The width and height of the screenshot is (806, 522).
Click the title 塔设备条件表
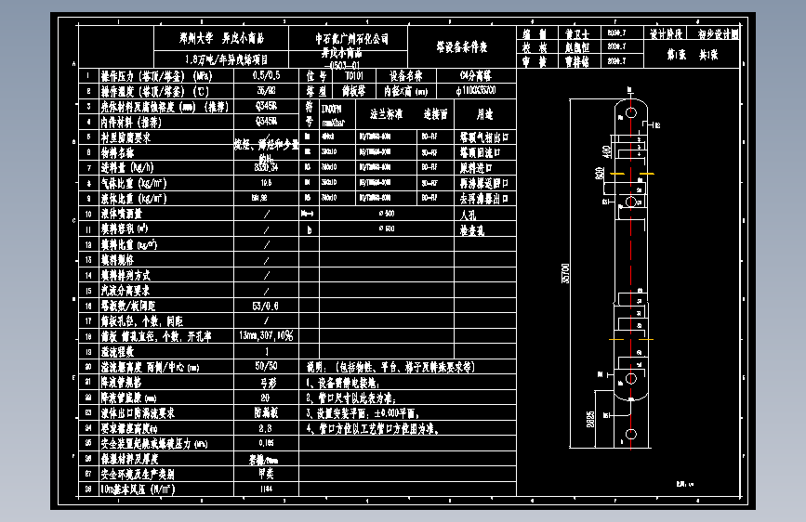pyautogui.click(x=462, y=46)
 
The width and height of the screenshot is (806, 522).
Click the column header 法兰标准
pyautogui.click(x=386, y=114)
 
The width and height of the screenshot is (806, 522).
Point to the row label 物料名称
pyautogui.click(x=117, y=152)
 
